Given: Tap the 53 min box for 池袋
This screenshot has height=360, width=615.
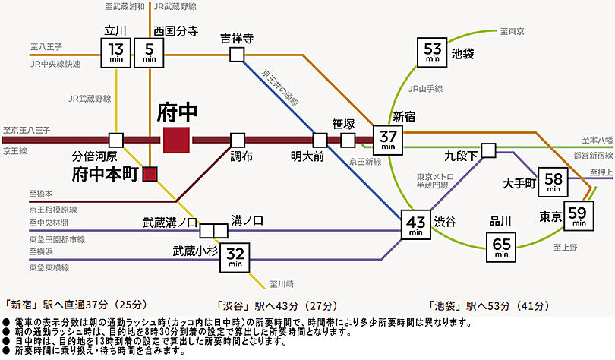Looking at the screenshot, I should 433,52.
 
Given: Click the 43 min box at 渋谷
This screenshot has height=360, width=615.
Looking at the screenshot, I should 416,226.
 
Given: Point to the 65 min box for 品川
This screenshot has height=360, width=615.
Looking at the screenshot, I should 501,247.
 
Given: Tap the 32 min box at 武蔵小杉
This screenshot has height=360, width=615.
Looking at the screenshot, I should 235,257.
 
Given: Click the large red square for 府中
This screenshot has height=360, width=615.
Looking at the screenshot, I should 177,141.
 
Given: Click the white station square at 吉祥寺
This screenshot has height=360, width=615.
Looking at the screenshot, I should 238,54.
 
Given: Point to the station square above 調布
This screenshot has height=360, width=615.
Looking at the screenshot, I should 238,141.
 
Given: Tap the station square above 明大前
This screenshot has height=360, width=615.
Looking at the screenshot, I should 320,141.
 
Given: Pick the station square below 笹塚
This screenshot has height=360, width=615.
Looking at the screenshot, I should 348,141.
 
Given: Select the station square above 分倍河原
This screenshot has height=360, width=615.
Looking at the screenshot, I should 115,141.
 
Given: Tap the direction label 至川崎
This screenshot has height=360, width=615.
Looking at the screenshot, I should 281,283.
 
